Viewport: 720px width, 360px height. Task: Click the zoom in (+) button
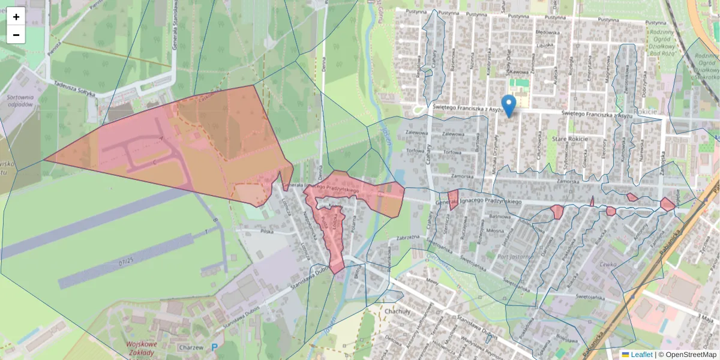click(16, 17)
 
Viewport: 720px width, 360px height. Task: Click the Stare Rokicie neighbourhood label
click(571, 139)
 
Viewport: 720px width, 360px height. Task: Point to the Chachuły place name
click(398, 311)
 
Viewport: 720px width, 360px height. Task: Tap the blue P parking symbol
click(215, 347)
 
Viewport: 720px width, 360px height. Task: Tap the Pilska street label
click(266, 230)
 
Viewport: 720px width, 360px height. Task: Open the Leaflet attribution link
click(641, 355)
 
